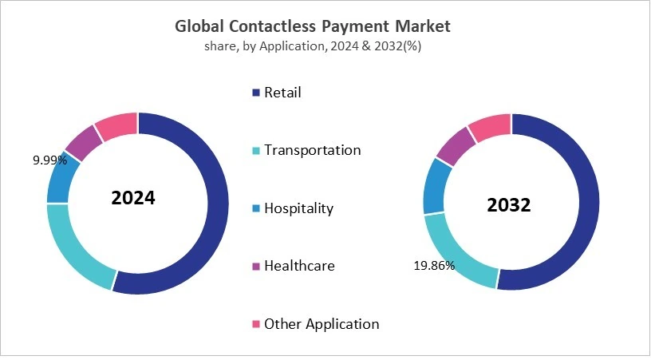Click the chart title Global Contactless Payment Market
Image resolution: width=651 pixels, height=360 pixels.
click(313, 26)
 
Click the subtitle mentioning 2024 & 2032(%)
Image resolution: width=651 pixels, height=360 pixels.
click(313, 46)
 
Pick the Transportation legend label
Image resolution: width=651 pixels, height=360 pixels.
click(312, 150)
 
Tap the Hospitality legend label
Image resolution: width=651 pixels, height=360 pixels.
click(298, 208)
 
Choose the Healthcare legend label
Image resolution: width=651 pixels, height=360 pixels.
click(299, 266)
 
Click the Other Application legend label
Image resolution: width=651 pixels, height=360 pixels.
click(321, 324)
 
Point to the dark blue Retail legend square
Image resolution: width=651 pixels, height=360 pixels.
click(256, 93)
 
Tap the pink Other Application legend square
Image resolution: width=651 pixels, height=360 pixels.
click(256, 324)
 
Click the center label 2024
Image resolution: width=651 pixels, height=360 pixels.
click(133, 198)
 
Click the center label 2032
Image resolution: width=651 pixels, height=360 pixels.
click(509, 205)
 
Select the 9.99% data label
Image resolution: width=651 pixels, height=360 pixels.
click(49, 160)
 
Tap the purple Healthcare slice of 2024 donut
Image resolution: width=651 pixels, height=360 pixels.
click(83, 142)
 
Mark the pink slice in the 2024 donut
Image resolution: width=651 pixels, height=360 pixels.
click(116, 125)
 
